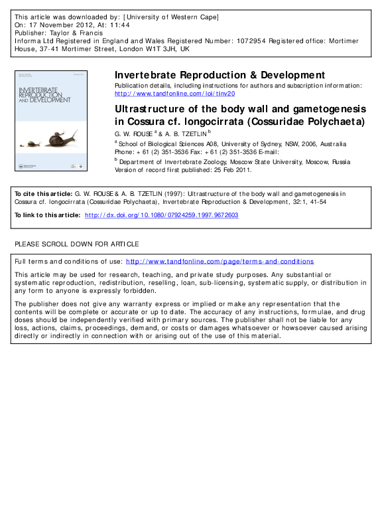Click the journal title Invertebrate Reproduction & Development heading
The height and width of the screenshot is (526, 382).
pyautogui.click(x=220, y=75)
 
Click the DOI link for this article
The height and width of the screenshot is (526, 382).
pyautogui.click(x=161, y=215)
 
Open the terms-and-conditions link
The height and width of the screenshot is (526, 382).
pyautogui.click(x=220, y=262)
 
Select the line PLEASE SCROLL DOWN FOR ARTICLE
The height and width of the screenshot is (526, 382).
pyautogui.click(x=77, y=244)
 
